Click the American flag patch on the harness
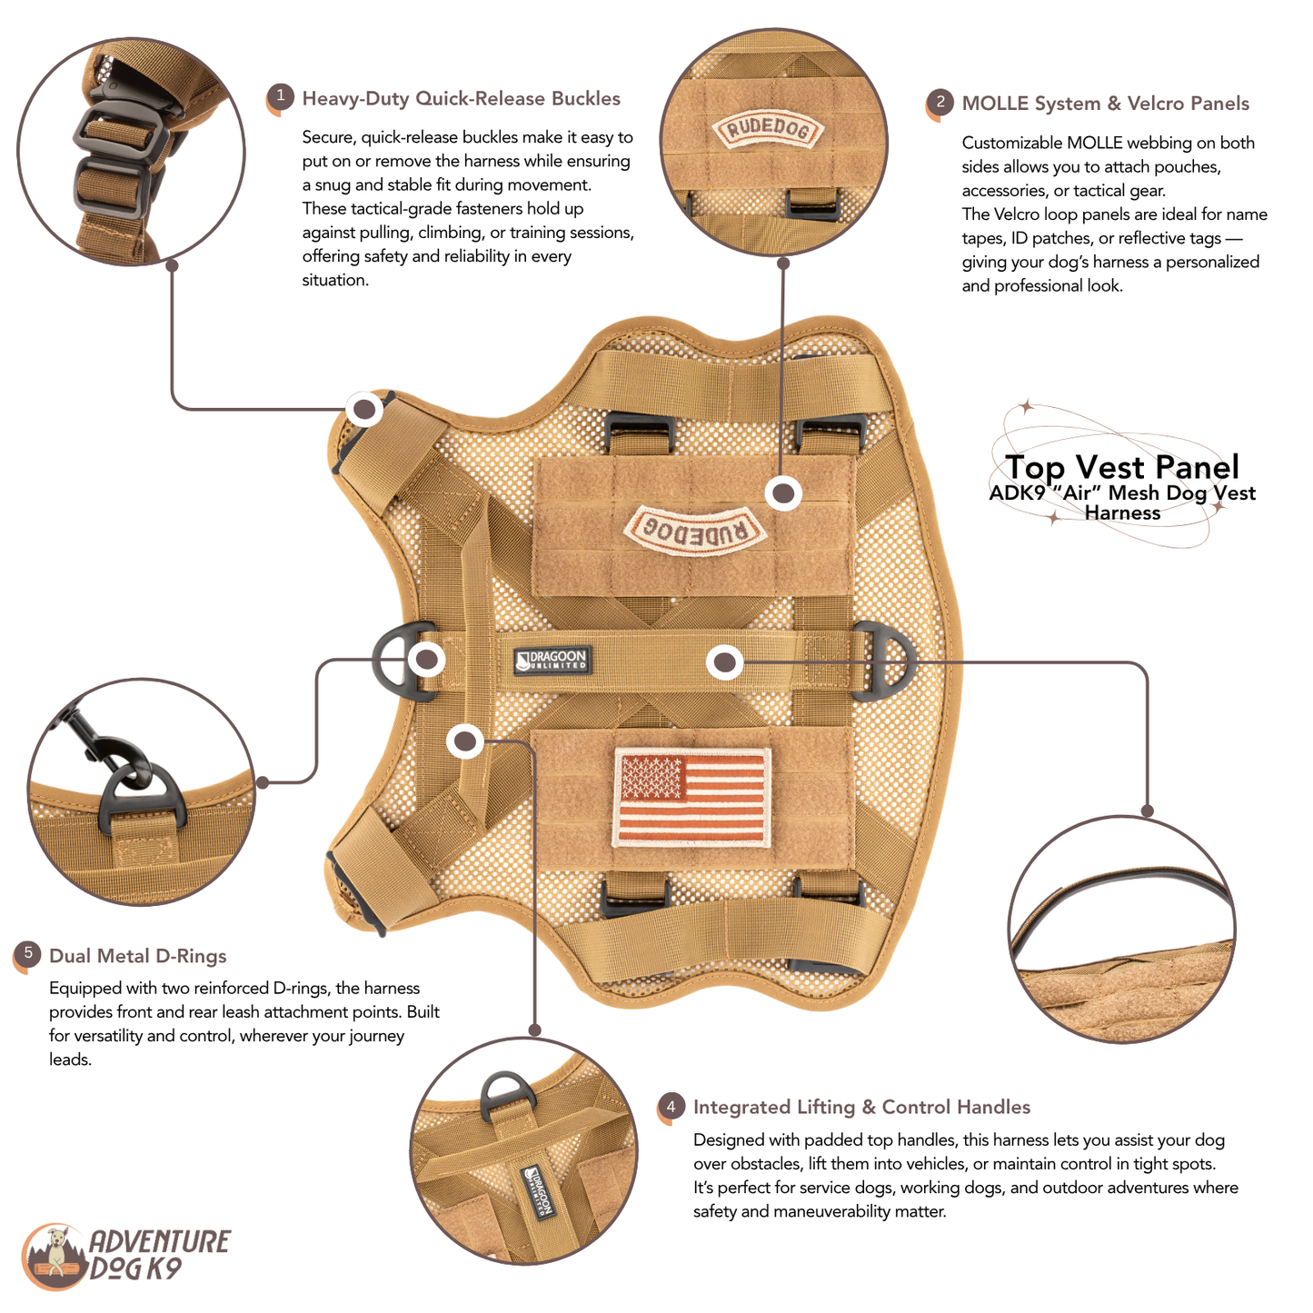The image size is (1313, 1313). [x=691, y=797]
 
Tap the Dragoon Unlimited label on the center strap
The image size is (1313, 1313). [x=551, y=661]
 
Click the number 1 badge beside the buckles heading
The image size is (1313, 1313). [x=280, y=96]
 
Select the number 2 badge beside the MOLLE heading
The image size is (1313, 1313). [x=940, y=102]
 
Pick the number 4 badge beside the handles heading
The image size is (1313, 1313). [x=671, y=1107]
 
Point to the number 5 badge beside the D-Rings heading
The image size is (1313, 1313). [x=27, y=954]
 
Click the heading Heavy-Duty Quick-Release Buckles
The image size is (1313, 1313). [x=461, y=99]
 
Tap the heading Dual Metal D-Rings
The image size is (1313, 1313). [x=138, y=956]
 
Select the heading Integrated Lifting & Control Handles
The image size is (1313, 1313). [x=861, y=1107]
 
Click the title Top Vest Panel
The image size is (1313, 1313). [x=1122, y=467]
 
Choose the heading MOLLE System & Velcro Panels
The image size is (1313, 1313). [x=1105, y=104]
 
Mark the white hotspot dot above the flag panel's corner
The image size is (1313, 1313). [x=465, y=741]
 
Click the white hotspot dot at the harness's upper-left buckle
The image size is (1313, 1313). [x=364, y=410]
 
